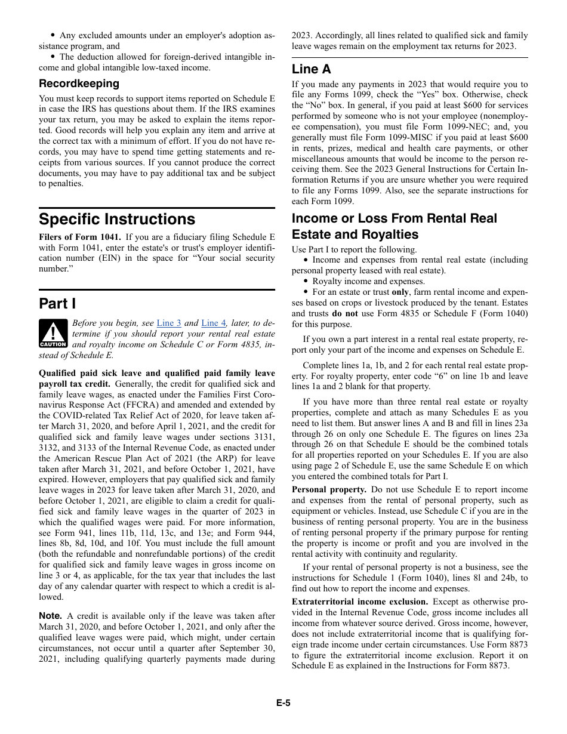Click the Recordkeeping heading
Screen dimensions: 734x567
tap(79, 84)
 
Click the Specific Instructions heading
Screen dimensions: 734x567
tap(117, 219)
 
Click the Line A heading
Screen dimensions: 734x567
tap(311, 69)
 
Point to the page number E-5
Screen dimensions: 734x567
tap(283, 703)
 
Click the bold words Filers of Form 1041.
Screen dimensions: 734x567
tap(80, 237)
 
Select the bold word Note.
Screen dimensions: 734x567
tap(50, 616)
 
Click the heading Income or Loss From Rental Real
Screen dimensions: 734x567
tap(394, 218)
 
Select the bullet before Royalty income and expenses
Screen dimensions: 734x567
tap(306, 282)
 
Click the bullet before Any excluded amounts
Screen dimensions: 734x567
tap(53, 35)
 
